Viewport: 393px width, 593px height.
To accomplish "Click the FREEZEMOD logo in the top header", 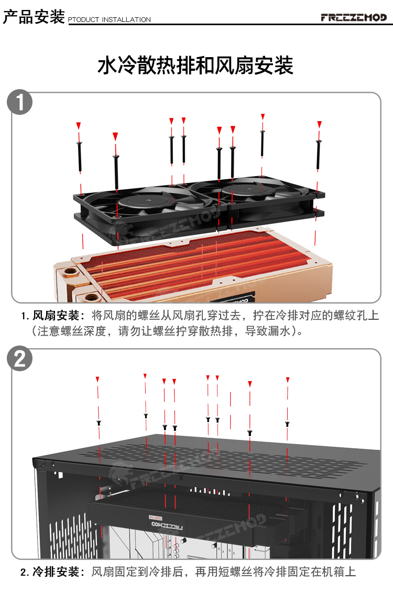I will [354, 17].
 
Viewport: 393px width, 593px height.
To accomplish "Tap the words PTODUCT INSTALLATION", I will [110, 20].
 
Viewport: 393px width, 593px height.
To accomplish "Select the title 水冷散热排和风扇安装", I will [195, 66].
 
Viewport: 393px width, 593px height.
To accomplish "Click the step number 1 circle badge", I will [21, 103].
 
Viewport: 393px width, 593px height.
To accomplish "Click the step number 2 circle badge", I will [21, 359].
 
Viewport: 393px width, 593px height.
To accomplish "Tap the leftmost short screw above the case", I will [98, 422].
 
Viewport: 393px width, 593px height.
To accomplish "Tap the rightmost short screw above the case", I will [287, 423].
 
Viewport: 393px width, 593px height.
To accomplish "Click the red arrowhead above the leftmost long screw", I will [79, 126].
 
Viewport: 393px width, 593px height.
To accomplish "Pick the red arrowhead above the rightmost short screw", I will [288, 380].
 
